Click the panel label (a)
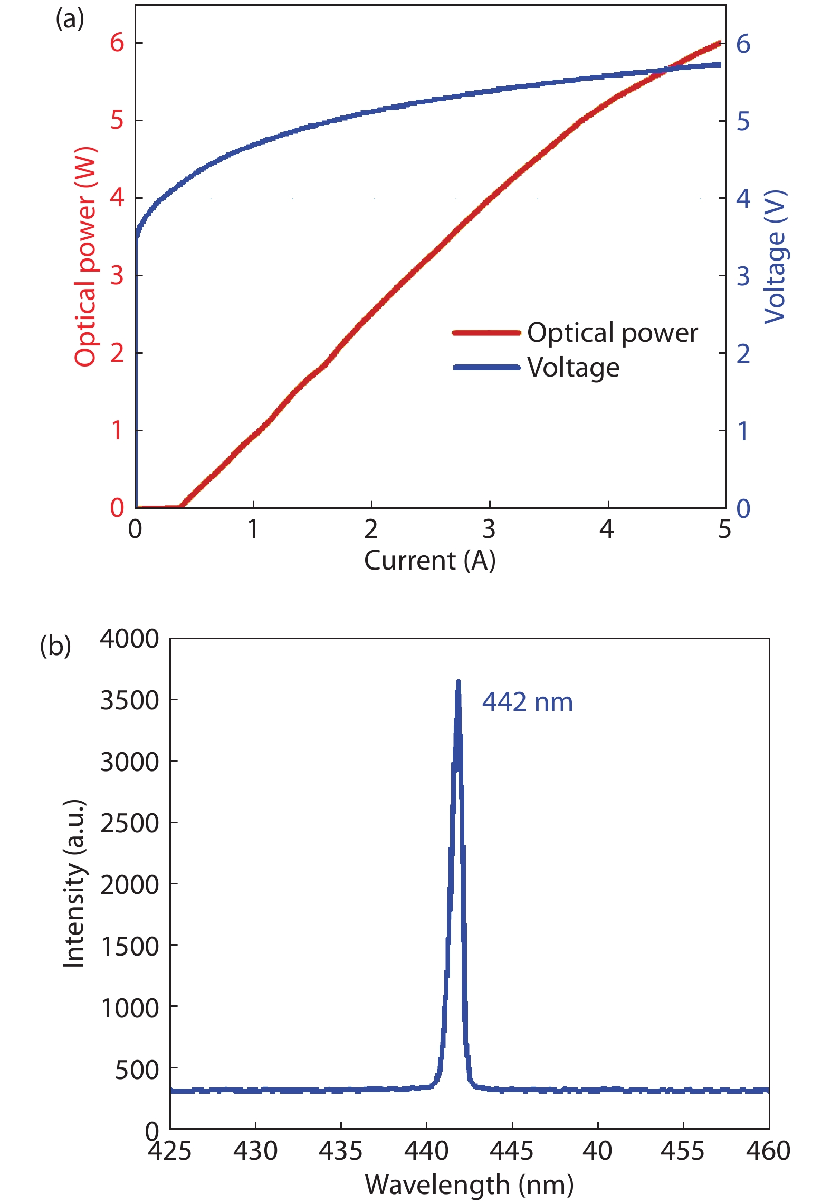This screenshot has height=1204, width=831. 70,20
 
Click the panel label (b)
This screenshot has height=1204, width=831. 55,646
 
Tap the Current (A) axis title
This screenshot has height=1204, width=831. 429,560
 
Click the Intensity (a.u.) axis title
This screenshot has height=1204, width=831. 74,883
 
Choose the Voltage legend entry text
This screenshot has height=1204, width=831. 574,368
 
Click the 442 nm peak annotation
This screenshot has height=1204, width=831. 527,702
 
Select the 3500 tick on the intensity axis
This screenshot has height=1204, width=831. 129,700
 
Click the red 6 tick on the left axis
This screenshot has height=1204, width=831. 117,42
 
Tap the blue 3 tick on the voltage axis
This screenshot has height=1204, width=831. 743,276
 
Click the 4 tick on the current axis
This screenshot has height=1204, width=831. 607,529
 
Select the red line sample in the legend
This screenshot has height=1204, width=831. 486,333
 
